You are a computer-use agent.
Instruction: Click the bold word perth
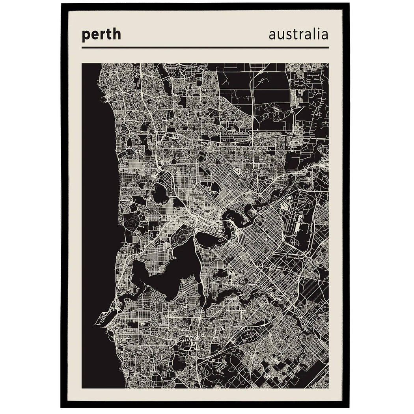101,35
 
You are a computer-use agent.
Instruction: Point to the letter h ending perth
117,34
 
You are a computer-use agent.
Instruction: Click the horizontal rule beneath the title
205,47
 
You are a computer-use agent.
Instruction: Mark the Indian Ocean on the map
97,197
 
